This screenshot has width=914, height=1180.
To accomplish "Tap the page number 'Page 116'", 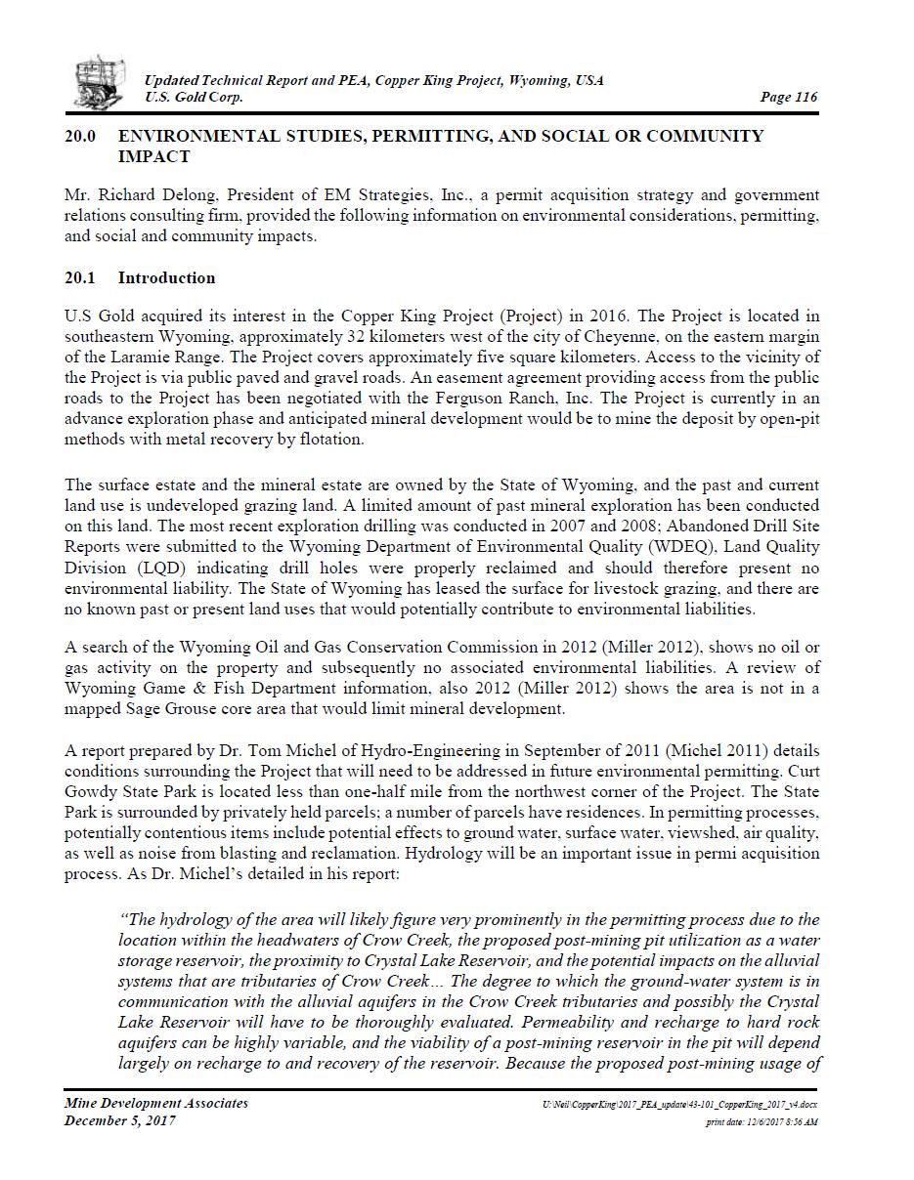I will (x=788, y=97).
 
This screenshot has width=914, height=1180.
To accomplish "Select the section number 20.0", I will (x=80, y=136).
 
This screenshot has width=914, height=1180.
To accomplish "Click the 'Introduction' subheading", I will (x=166, y=277).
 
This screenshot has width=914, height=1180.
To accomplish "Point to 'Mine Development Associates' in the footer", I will (x=156, y=1103).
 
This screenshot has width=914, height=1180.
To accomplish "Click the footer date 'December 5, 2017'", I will (x=120, y=1120).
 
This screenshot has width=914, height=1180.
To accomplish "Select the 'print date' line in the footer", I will (x=762, y=1122).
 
